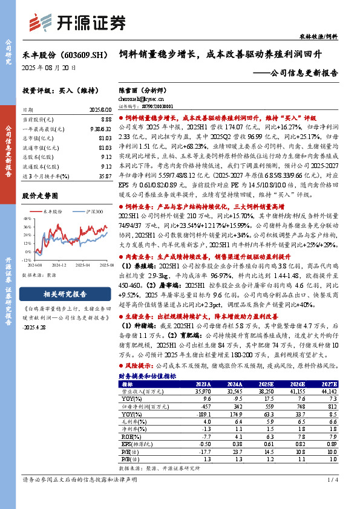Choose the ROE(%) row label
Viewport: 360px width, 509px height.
click(x=128, y=434)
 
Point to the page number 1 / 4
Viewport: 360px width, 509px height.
click(x=332, y=479)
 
